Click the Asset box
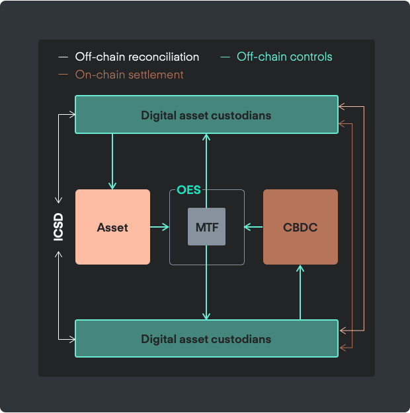(x=112, y=227)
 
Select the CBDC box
(x=300, y=227)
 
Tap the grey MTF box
(x=206, y=226)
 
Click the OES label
(x=188, y=189)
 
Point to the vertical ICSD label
(x=58, y=227)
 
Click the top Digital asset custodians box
(x=206, y=115)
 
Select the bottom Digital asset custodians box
(x=206, y=338)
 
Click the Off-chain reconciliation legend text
(x=137, y=57)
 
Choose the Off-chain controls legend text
(x=284, y=57)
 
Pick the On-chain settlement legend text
(x=130, y=75)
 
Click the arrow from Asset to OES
(x=159, y=227)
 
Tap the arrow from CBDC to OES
(x=253, y=227)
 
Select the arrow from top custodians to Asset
(x=112, y=162)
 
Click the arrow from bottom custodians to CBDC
(x=300, y=292)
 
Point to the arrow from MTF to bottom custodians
(x=206, y=282)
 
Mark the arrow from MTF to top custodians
(x=206, y=171)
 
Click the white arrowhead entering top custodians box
(x=72, y=115)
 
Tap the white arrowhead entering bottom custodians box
(x=72, y=339)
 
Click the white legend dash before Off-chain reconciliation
(x=63, y=57)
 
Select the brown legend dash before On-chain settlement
(x=63, y=75)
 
